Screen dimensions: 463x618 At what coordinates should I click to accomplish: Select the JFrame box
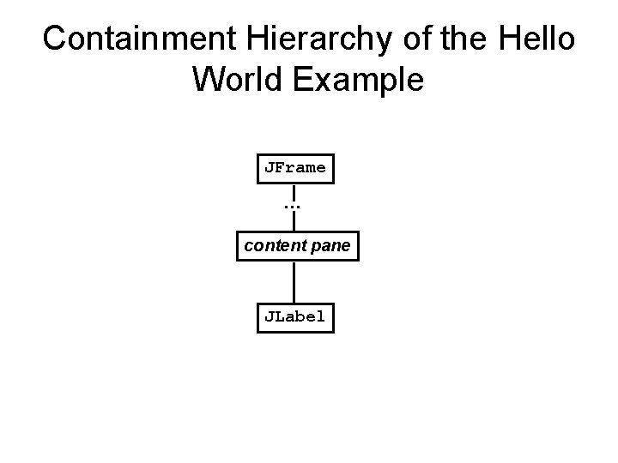pyautogui.click(x=294, y=168)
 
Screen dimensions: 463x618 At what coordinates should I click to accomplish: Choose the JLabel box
pyautogui.click(x=294, y=316)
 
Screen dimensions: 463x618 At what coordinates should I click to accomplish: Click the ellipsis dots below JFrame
pyautogui.click(x=294, y=207)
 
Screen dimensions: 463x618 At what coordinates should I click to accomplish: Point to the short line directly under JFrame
pyautogui.click(x=294, y=192)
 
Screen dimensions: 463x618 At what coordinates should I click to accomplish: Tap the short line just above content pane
pyautogui.click(x=294, y=223)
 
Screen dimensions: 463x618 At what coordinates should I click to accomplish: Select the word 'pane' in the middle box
pyautogui.click(x=330, y=247)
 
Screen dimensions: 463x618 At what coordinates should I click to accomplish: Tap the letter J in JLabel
pyautogui.click(x=269, y=316)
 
